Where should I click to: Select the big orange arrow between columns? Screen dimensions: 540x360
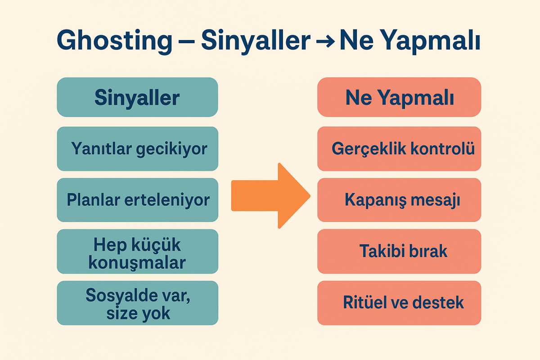(271, 196)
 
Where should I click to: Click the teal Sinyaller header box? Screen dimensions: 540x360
(137, 97)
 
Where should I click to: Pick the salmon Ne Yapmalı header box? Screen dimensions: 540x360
(399, 97)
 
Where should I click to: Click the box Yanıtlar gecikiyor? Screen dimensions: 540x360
(137, 149)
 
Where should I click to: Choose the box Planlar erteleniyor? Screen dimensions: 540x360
(137, 200)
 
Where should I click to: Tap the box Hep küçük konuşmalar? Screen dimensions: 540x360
(137, 251)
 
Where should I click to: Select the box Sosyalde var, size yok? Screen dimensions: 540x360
(137, 303)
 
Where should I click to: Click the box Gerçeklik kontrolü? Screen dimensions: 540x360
(399, 149)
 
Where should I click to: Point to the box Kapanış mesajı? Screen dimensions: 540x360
(399, 200)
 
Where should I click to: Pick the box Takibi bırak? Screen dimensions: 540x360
(399, 251)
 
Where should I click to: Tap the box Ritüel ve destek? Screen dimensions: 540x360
(399, 303)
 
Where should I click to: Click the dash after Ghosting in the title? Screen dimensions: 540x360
(187, 41)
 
